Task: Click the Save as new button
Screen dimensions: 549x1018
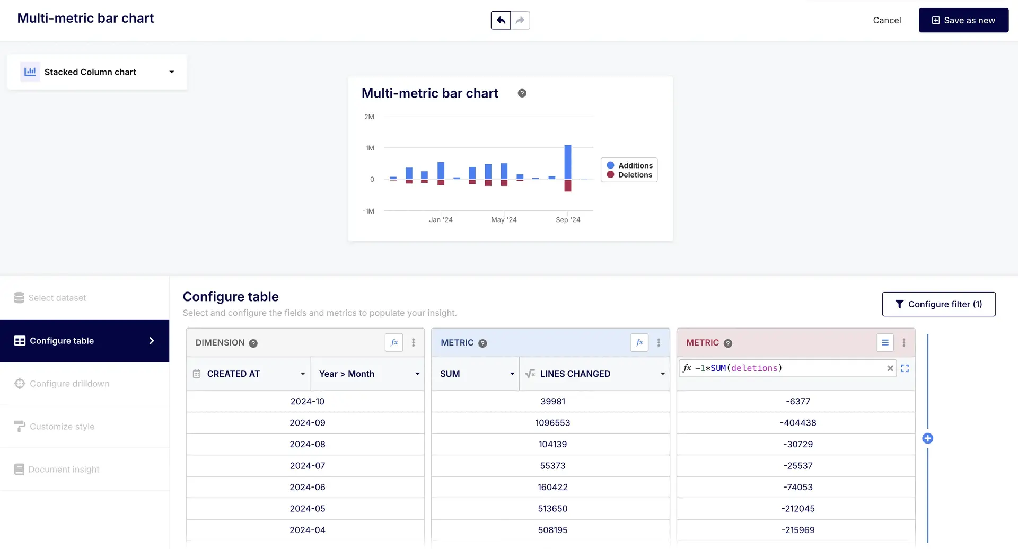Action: (x=963, y=20)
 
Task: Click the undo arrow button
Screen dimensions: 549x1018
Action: (x=501, y=20)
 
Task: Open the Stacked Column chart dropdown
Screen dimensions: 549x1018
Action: (x=97, y=72)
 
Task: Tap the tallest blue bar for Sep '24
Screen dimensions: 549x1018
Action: (x=568, y=162)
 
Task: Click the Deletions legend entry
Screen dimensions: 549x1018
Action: (x=635, y=175)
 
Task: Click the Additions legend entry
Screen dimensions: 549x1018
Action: (x=635, y=165)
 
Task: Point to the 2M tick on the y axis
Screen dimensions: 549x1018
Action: (x=369, y=117)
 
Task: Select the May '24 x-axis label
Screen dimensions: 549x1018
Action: (x=504, y=219)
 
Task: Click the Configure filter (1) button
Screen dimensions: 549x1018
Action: (x=938, y=304)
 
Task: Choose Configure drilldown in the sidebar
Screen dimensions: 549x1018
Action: (x=69, y=384)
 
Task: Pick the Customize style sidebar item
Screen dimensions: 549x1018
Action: (x=62, y=427)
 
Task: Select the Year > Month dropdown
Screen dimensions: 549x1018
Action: (x=367, y=374)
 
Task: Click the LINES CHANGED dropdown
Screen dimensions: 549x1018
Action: (x=594, y=374)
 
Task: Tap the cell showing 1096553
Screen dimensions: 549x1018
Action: (x=552, y=423)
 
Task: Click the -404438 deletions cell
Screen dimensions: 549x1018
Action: (x=798, y=423)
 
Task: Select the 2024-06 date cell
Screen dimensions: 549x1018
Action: (x=308, y=487)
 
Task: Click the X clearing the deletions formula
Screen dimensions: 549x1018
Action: (x=890, y=368)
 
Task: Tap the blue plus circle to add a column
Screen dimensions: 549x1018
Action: (x=928, y=438)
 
